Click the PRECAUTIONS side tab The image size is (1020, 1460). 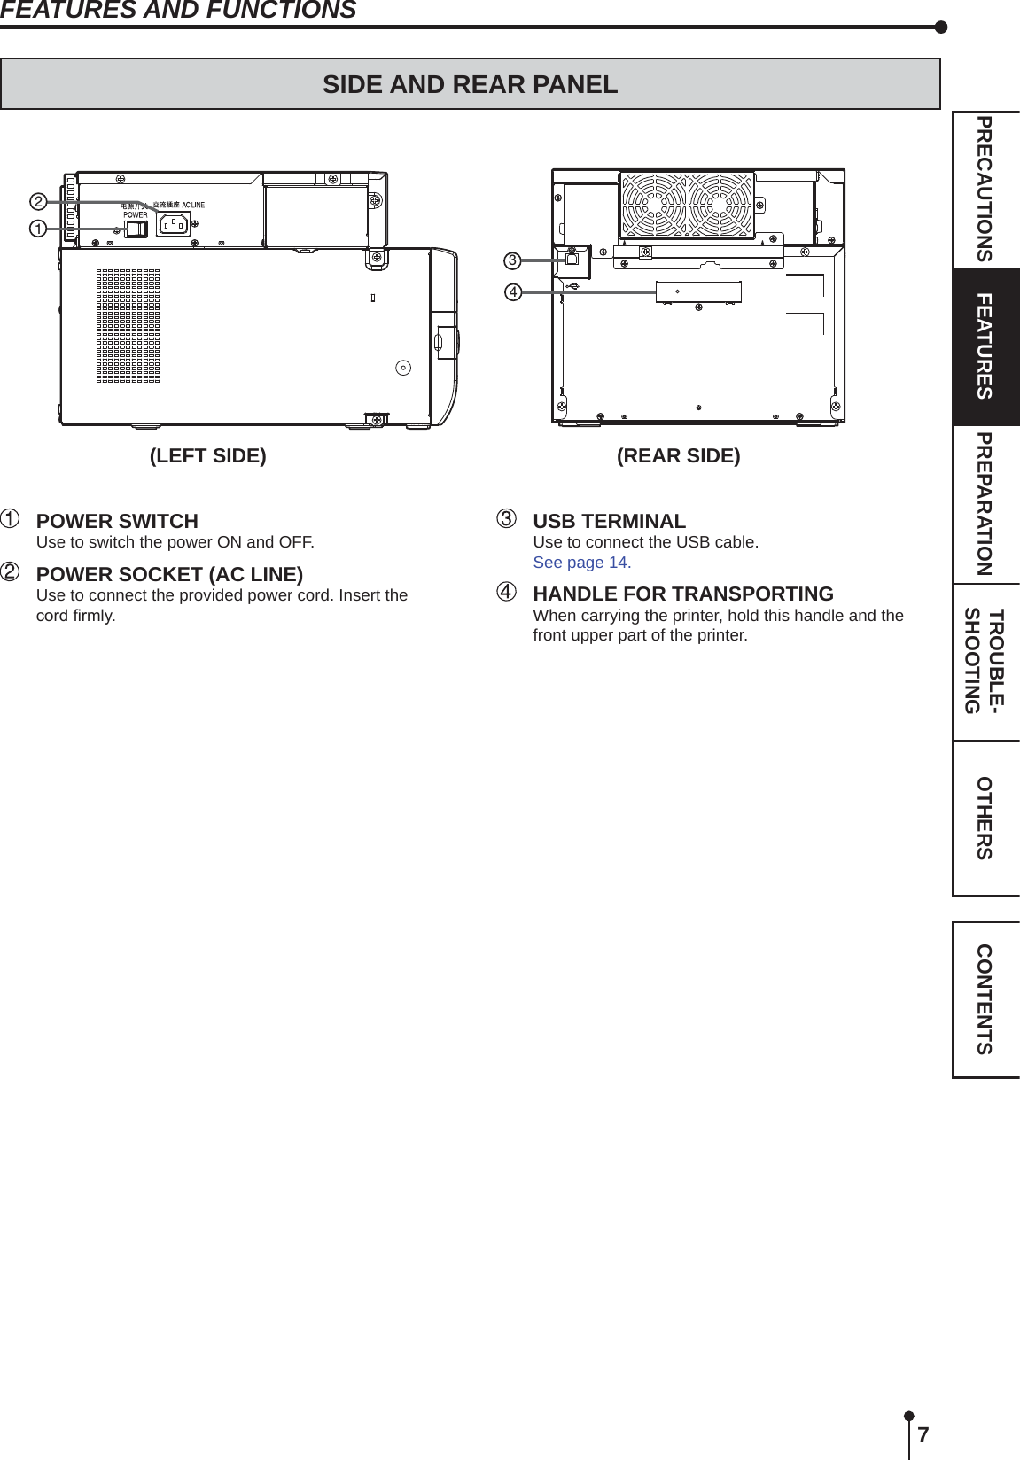(x=985, y=189)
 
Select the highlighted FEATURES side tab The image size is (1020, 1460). (x=985, y=346)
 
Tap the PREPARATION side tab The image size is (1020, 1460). (x=985, y=504)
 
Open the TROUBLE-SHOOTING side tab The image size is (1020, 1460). (x=985, y=661)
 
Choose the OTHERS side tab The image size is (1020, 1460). (x=985, y=818)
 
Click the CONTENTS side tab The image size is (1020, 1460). (x=985, y=999)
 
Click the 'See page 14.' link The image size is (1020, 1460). (x=581, y=563)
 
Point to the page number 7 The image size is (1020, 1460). (x=923, y=1435)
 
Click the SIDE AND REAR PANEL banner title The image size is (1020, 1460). (x=470, y=84)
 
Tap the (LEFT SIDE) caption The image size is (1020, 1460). (x=207, y=455)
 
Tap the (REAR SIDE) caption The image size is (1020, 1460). (x=678, y=455)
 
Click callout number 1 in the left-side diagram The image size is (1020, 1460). (x=38, y=229)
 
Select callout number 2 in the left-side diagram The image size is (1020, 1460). (x=38, y=202)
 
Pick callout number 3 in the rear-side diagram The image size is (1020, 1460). (x=512, y=260)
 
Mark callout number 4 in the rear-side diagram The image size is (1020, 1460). (x=512, y=291)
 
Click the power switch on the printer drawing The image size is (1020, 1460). (x=136, y=229)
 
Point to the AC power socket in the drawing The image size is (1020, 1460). (x=174, y=224)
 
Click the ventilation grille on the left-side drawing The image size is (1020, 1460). (x=128, y=326)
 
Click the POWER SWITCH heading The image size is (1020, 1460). (x=117, y=521)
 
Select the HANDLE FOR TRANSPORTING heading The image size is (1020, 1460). (x=682, y=594)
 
